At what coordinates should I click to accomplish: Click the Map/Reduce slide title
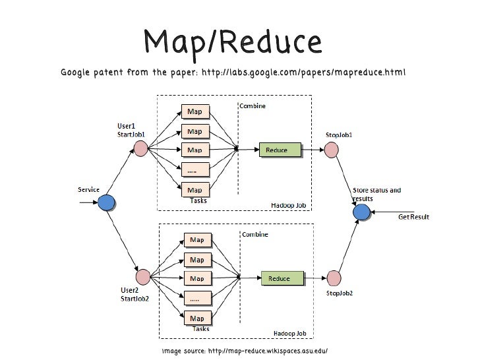pos(233,42)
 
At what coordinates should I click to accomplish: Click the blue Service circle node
pos(106,204)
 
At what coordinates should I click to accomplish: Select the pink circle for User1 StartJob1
pos(140,149)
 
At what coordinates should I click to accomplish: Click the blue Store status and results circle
pos(361,212)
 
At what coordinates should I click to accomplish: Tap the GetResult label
pos(415,217)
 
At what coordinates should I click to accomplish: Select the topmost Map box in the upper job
pos(195,111)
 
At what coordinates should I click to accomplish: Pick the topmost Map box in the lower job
pos(197,239)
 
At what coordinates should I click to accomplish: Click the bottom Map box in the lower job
pos(197,318)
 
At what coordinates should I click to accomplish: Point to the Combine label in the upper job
pos(253,106)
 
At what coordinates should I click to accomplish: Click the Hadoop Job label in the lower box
pos(290,333)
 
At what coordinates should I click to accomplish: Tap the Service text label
pos(88,190)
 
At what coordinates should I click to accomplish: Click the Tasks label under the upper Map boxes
pos(198,200)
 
